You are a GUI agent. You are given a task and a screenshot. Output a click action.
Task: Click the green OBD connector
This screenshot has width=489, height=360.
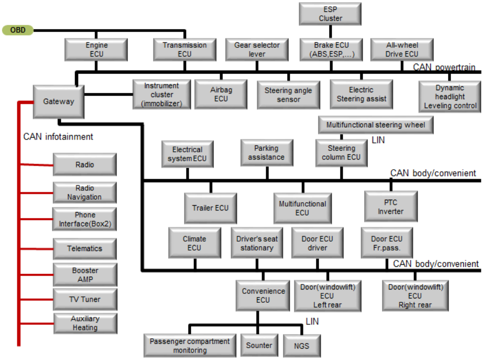tap(18, 30)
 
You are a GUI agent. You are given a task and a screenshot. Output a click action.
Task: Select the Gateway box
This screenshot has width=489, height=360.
tap(58, 102)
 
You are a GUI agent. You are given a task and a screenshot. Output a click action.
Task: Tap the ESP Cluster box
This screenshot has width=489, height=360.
tap(330, 14)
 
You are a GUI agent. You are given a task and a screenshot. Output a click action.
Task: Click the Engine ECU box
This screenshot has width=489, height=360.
tap(96, 50)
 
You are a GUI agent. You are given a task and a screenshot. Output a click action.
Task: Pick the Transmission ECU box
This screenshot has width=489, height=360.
tap(185, 50)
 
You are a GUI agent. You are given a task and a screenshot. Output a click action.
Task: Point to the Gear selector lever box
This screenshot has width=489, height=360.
tap(257, 50)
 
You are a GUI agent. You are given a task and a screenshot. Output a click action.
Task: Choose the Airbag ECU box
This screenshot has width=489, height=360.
tap(221, 94)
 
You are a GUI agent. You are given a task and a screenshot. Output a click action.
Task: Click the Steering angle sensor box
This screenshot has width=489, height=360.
tap(289, 95)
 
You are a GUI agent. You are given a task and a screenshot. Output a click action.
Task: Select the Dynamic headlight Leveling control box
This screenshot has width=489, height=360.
tap(450, 97)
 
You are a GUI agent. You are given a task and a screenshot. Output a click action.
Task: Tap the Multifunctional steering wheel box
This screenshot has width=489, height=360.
tap(376, 125)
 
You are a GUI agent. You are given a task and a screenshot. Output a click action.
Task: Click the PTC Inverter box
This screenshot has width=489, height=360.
tap(390, 207)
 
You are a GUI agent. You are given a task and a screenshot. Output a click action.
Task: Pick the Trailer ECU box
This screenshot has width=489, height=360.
tap(210, 208)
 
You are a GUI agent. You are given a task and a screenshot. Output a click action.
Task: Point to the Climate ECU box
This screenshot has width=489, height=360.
tap(194, 243)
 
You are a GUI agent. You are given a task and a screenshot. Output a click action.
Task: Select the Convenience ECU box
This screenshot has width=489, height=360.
tap(263, 295)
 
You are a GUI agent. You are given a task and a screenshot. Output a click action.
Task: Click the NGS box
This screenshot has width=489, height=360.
tap(301, 346)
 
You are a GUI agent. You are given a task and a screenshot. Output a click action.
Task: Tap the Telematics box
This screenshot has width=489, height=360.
tap(84, 249)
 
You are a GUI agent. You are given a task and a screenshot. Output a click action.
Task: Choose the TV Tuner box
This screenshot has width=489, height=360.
tap(84, 299)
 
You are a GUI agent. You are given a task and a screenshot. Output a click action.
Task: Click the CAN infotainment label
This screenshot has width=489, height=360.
tap(58, 136)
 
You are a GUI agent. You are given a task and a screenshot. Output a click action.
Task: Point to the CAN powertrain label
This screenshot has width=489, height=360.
tap(445, 67)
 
